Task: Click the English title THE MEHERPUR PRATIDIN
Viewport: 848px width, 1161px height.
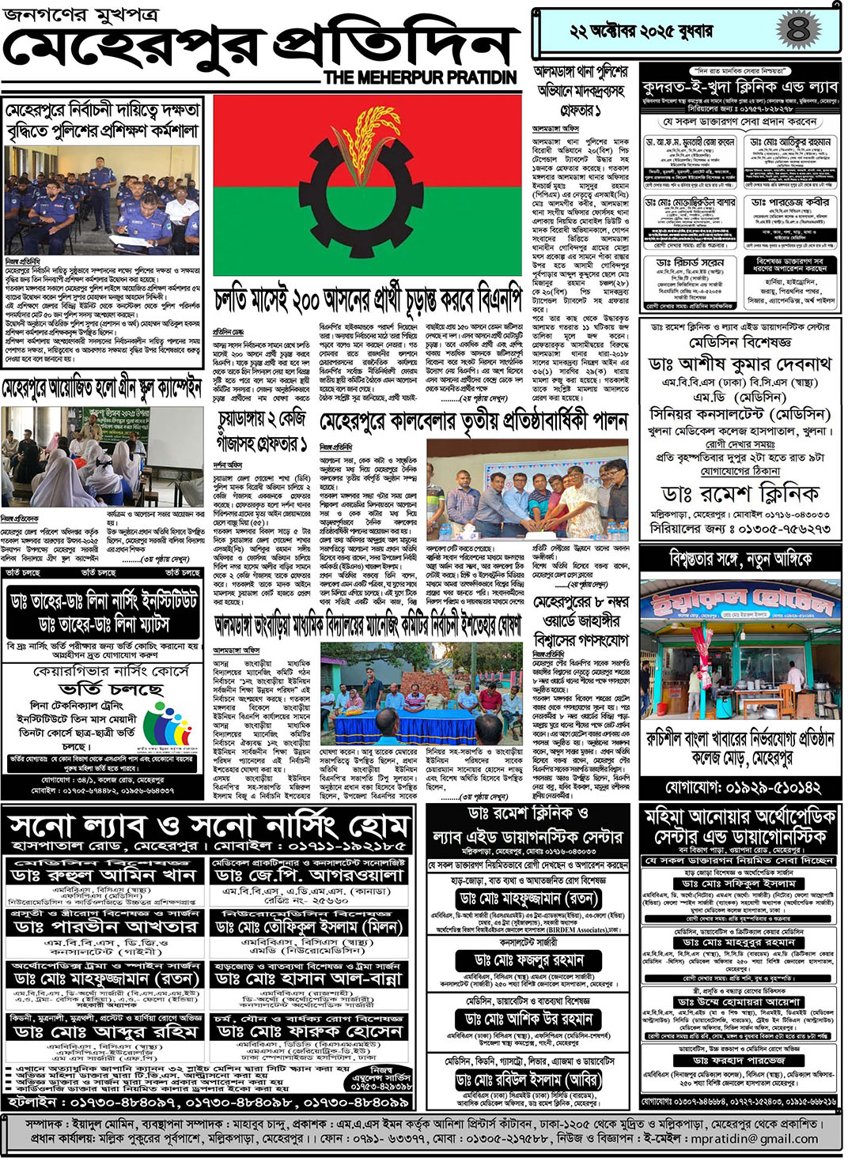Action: (420, 77)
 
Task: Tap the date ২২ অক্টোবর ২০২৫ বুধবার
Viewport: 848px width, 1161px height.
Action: (642, 31)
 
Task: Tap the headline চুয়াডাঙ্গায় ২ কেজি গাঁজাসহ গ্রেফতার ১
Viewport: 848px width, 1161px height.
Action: (262, 432)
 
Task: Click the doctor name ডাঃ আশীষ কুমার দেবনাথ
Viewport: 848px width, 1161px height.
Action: (740, 364)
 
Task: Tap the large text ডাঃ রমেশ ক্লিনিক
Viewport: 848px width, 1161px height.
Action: (740, 493)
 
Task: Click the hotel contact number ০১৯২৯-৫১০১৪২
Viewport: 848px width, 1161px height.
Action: (742, 787)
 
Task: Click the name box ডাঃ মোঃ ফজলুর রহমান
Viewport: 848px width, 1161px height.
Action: (529, 959)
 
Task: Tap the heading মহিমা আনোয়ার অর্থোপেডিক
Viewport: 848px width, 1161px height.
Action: (740, 816)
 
